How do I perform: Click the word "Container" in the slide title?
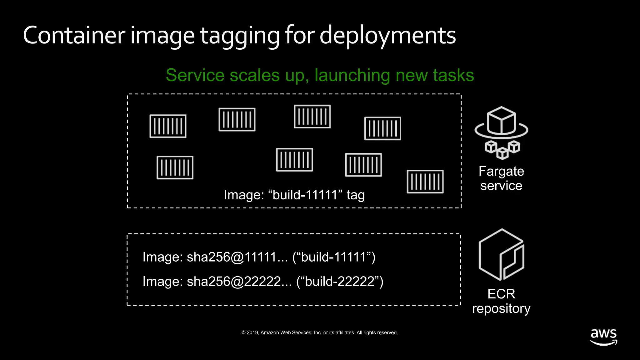click(74, 35)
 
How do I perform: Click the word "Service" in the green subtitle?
click(195, 75)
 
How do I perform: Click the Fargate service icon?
click(501, 132)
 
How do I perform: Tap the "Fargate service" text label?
click(501, 178)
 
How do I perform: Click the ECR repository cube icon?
click(501, 255)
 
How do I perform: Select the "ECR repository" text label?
click(501, 301)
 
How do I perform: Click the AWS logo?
click(603, 337)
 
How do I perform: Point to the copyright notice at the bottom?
click(320, 332)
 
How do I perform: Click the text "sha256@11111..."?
click(237, 257)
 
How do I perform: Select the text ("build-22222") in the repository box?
click(340, 282)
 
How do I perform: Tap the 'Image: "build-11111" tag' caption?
click(294, 195)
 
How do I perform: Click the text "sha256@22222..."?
click(239, 282)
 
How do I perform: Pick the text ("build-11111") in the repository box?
click(334, 257)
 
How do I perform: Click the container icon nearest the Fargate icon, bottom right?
click(425, 182)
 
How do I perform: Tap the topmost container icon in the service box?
click(312, 117)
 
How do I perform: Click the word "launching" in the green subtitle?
click(352, 75)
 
